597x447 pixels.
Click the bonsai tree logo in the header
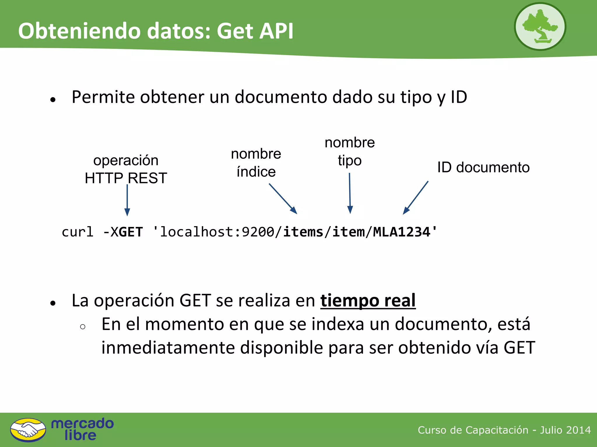click(x=540, y=26)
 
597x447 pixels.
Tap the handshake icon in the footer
click(x=28, y=430)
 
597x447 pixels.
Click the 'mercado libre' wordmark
click(x=82, y=429)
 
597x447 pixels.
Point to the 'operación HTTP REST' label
click(x=126, y=169)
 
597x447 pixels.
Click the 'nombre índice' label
click(x=256, y=163)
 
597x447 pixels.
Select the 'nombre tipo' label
click(x=350, y=152)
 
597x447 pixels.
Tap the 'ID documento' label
click(x=483, y=167)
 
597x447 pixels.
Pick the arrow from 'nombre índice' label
click(x=283, y=198)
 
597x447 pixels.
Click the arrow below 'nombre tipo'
click(x=350, y=193)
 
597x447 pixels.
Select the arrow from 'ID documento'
click(x=416, y=198)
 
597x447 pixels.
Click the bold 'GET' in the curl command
click(x=131, y=232)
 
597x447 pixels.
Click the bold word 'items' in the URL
click(x=303, y=232)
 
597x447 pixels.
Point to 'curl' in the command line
click(x=78, y=232)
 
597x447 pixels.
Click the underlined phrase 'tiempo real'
click(x=368, y=300)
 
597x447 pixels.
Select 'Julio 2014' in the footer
click(x=565, y=430)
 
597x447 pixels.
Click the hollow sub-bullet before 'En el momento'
click(x=82, y=327)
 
